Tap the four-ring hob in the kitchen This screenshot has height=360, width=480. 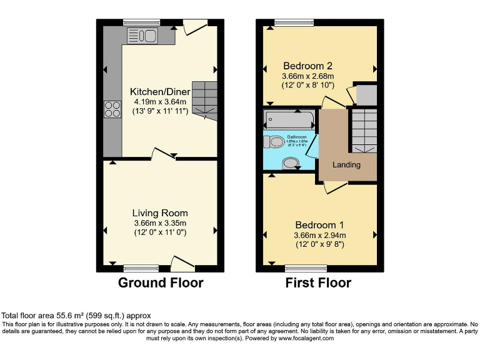112,109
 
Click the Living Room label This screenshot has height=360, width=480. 160,213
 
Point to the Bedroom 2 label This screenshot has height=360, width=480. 307,66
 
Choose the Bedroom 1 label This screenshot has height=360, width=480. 319,225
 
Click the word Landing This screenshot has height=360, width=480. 346,165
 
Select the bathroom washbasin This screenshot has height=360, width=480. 291,163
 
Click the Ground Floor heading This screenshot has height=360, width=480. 161,282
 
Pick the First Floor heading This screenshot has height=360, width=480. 318,282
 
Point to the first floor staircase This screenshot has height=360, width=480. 362,129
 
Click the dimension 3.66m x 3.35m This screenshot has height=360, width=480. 160,223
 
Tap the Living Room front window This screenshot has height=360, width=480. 141,268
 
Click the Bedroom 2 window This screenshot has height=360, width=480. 293,23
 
